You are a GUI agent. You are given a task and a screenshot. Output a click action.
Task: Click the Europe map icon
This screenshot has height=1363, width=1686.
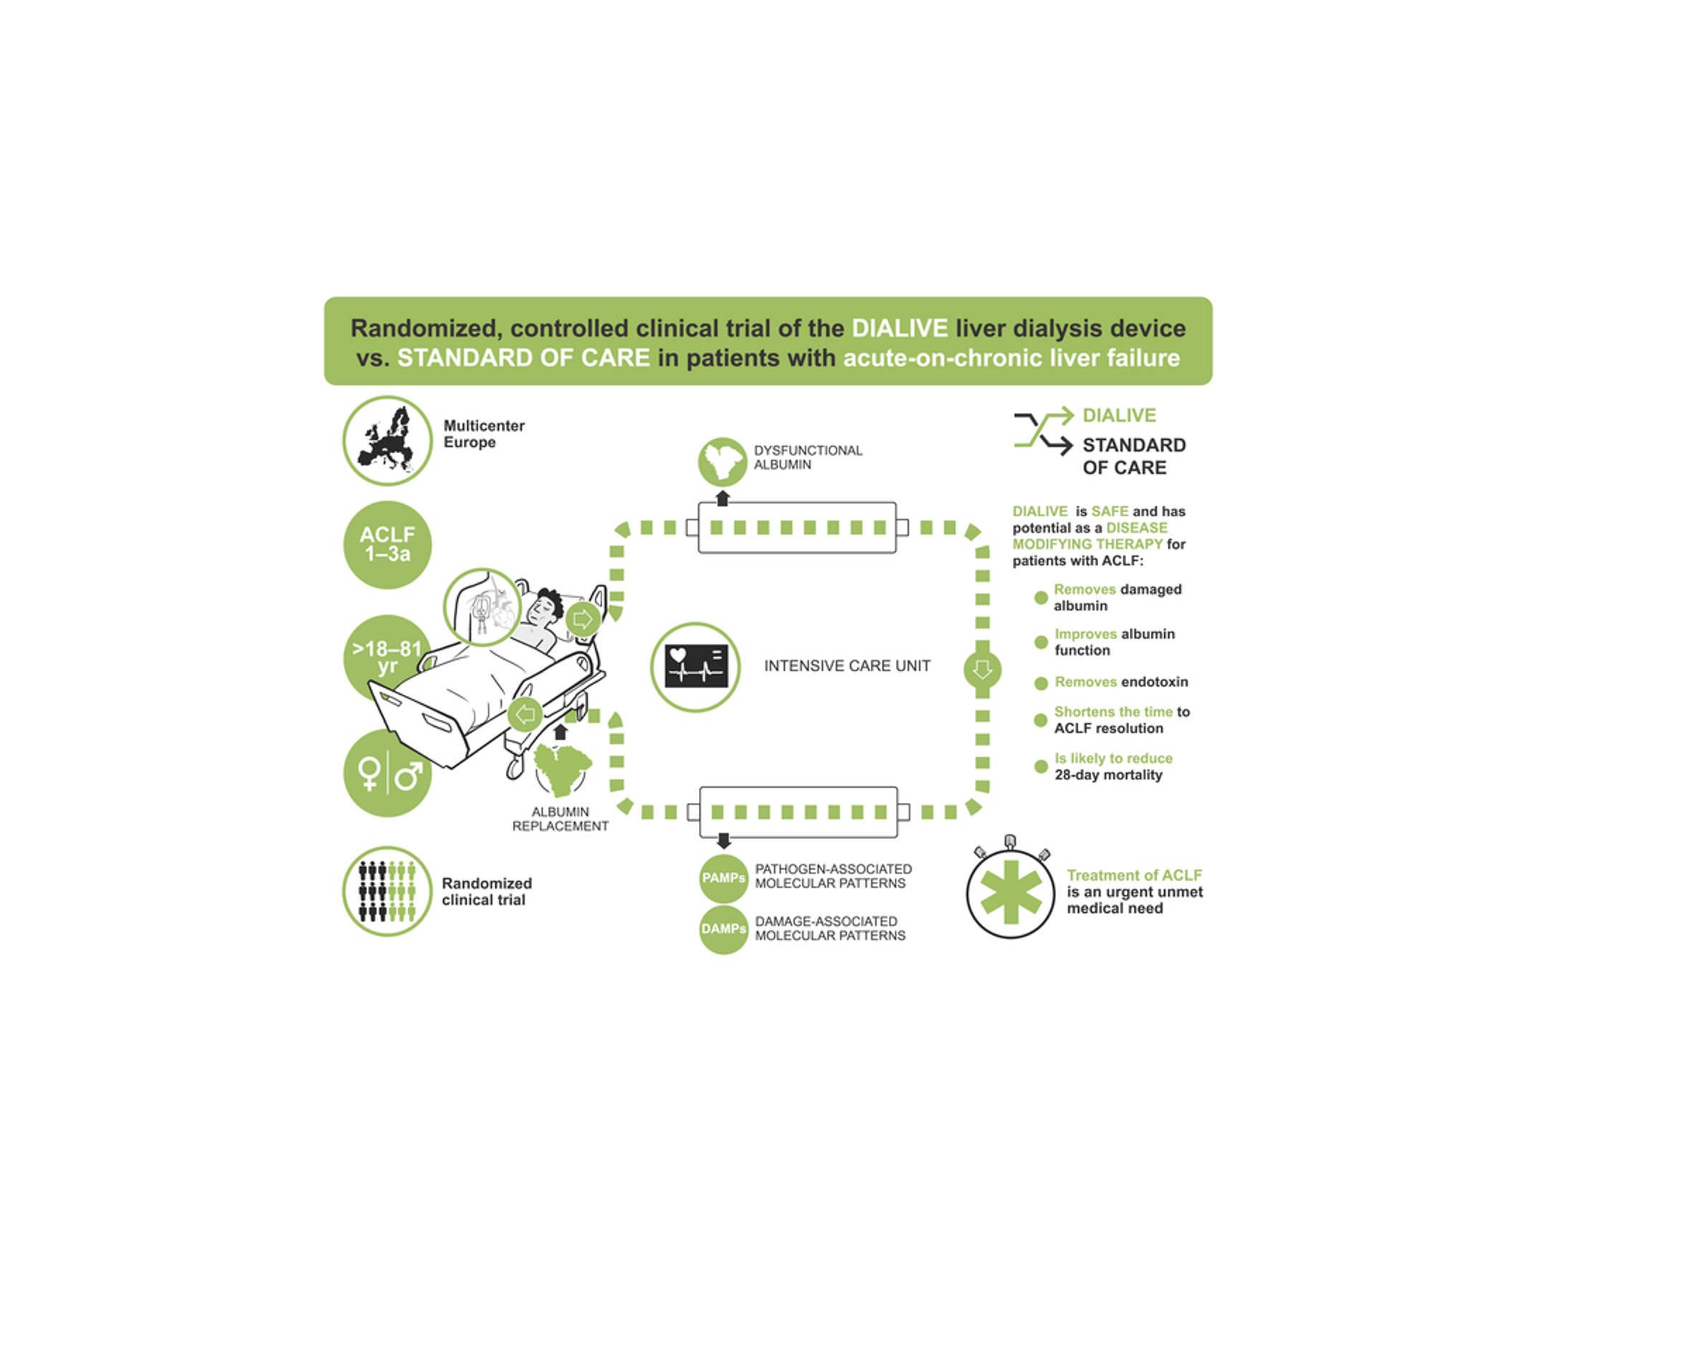coord(387,440)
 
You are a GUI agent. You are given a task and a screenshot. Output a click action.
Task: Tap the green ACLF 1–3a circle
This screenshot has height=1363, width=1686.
coord(387,544)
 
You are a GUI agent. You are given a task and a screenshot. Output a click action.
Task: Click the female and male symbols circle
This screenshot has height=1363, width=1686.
coord(387,774)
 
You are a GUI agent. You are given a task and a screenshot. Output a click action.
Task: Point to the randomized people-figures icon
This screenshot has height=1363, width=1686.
coord(387,891)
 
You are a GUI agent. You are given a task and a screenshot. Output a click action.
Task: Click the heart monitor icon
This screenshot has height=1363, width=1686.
coord(695,667)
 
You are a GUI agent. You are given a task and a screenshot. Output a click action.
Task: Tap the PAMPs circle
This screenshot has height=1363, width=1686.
coord(723,878)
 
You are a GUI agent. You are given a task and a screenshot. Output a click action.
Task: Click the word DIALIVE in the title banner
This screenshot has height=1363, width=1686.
coord(900,328)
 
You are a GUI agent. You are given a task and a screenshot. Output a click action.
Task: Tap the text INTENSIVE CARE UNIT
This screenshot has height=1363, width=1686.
coord(847,666)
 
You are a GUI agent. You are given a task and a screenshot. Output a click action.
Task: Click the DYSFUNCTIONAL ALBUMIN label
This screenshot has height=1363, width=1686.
coord(807,457)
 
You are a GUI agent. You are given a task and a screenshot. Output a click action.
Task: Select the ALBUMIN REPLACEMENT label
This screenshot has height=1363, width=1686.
coord(560,819)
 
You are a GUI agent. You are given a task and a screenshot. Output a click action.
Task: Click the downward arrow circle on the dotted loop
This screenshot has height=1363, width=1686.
coord(982,670)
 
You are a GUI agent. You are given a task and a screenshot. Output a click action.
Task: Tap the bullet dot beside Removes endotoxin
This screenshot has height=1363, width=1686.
coord(1041,683)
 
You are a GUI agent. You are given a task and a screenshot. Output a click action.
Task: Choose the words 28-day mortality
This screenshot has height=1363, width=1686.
coord(1108,775)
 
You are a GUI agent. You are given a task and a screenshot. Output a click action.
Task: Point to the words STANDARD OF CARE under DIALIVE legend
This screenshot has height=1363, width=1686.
coord(1133,456)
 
